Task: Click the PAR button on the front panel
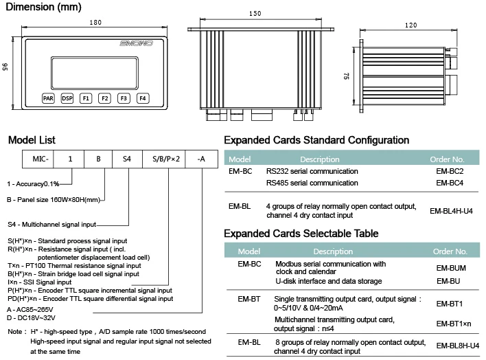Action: pos(48,98)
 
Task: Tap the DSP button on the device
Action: pos(67,98)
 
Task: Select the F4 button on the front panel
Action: pos(142,98)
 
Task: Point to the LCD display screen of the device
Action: pos(95,66)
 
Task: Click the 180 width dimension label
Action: pos(95,22)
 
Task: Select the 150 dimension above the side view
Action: pos(255,13)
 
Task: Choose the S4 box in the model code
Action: pos(127,159)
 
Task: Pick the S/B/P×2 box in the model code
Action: pos(165,159)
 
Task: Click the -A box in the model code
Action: pos(200,159)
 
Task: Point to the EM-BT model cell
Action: pos(248,299)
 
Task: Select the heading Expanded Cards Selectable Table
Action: pos(301,234)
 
